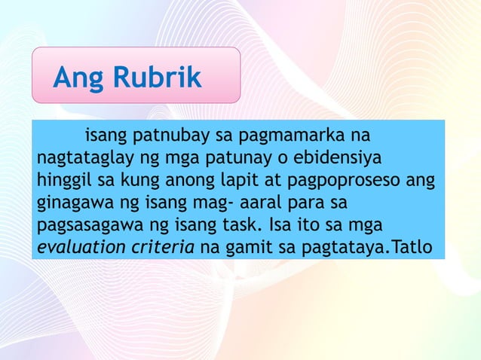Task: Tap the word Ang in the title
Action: (79, 78)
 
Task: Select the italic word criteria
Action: (162, 246)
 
